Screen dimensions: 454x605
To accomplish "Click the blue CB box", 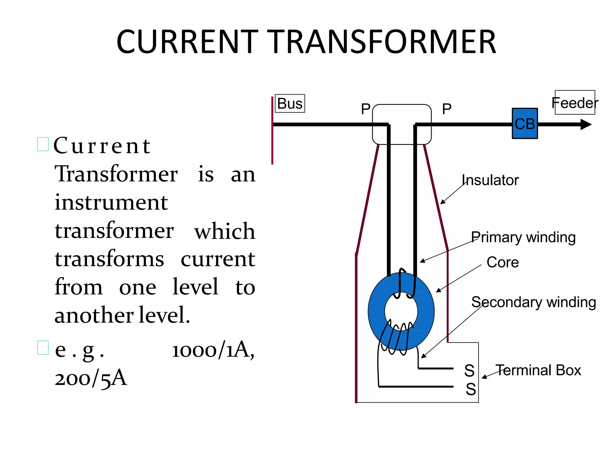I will point(525,123).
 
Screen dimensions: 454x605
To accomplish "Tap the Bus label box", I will point(290,103).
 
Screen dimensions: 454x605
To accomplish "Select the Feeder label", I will point(575,103).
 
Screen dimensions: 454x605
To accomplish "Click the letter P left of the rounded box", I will point(366,109).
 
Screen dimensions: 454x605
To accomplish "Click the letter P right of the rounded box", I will point(447,109).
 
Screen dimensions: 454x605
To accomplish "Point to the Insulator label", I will point(490,180).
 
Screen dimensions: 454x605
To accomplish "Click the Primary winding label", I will point(523,237).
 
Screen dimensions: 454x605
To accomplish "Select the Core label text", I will point(502,262).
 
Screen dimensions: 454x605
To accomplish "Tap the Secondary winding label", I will point(534,302).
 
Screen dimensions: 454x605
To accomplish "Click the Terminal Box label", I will point(538,370).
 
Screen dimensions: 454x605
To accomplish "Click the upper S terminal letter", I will point(469,371).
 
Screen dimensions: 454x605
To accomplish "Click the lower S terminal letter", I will point(471,389).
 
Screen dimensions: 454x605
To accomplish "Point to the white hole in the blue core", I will point(401,311).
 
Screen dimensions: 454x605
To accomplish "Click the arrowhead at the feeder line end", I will point(586,124).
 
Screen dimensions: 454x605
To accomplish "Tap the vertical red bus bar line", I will point(272,130).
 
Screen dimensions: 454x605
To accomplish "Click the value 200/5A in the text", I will point(91,378).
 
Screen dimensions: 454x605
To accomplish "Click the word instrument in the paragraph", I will point(111,203).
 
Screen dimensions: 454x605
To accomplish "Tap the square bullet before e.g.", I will point(43,348).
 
